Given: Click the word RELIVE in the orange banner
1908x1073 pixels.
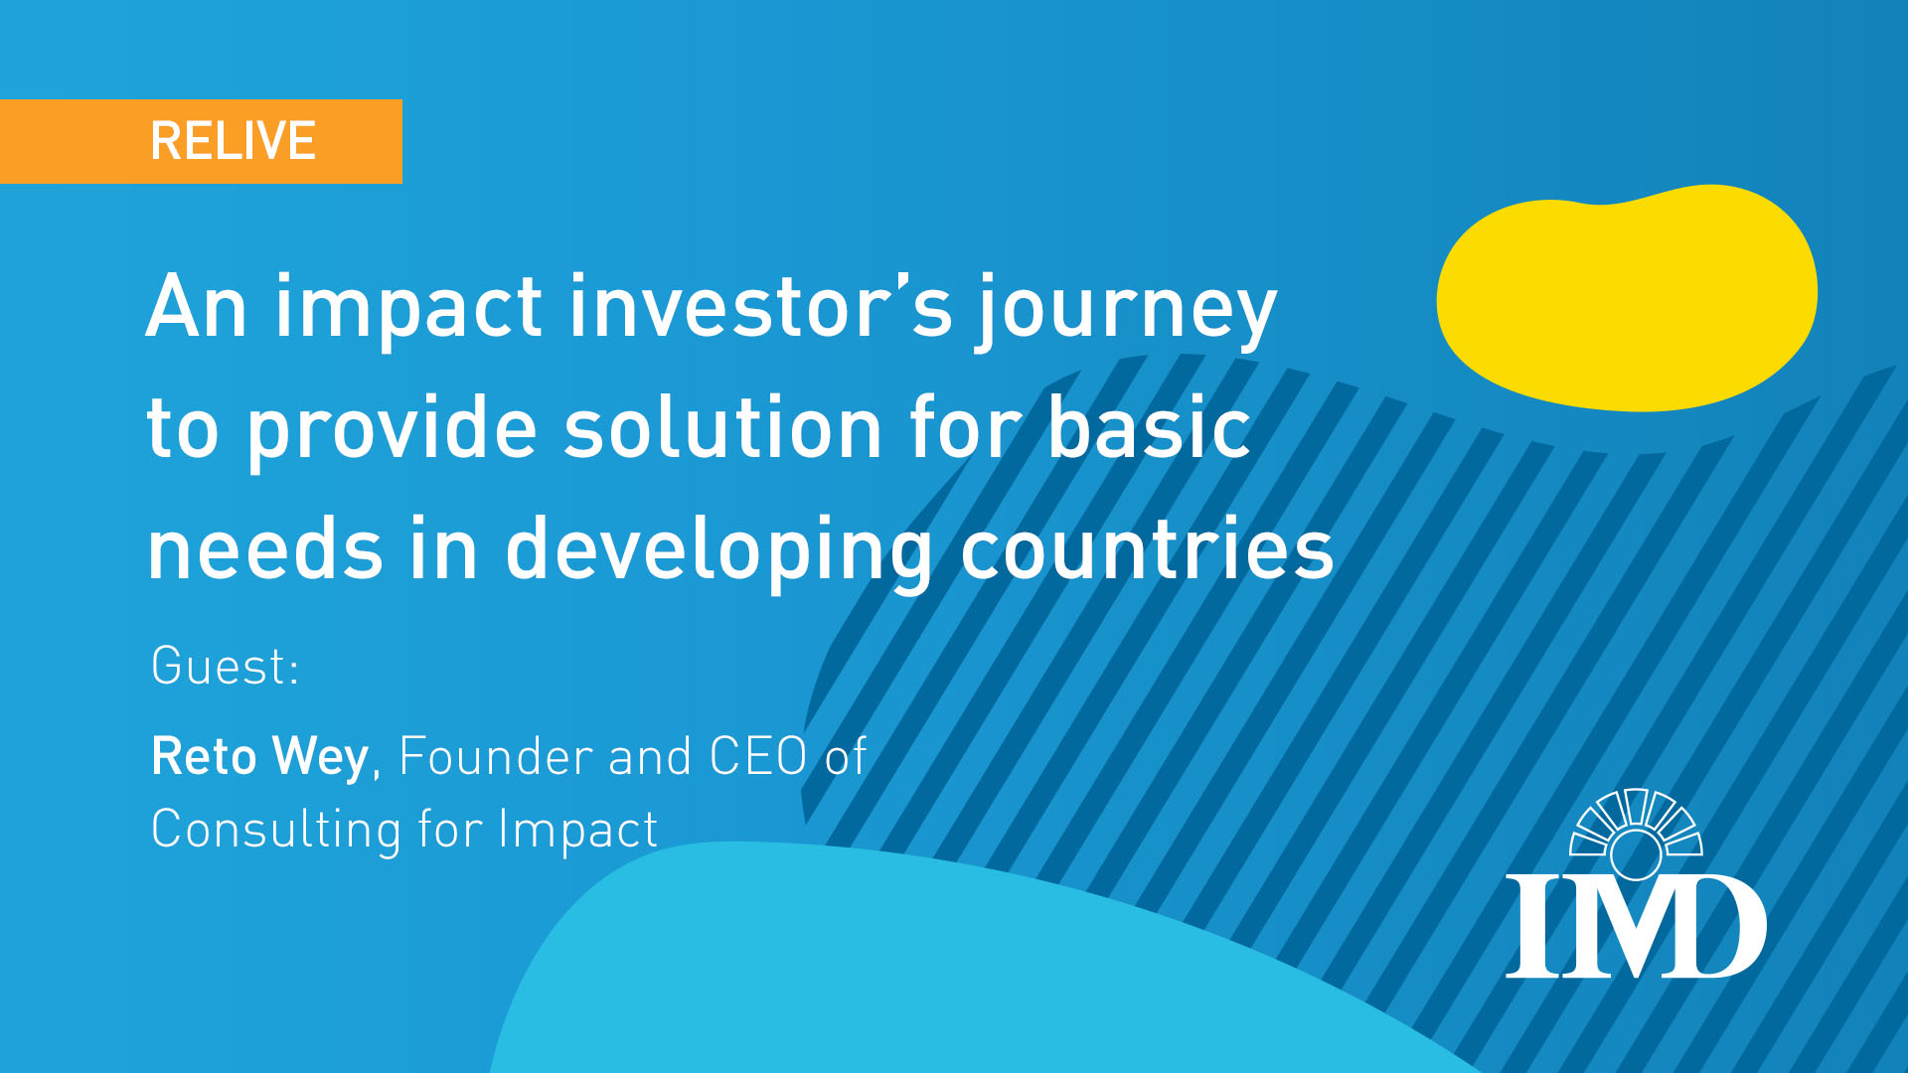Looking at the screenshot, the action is [233, 141].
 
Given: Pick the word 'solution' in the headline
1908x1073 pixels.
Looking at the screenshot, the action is [724, 427].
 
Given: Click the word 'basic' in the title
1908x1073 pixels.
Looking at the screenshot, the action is [1150, 427].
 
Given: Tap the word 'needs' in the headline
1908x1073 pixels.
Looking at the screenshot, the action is [265, 548].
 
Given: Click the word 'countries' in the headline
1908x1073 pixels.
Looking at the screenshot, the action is [1147, 548].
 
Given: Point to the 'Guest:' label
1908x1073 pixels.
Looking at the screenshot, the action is [225, 666].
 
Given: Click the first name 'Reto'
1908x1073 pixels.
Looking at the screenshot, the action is [204, 756].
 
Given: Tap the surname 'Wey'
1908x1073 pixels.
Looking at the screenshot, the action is [321, 760].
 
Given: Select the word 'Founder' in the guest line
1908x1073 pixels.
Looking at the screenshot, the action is [496, 756].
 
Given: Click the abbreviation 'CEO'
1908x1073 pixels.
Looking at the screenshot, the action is [758, 756].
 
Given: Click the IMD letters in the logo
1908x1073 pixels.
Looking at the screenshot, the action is [1636, 926].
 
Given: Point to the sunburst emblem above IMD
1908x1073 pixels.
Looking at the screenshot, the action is [1636, 833].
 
